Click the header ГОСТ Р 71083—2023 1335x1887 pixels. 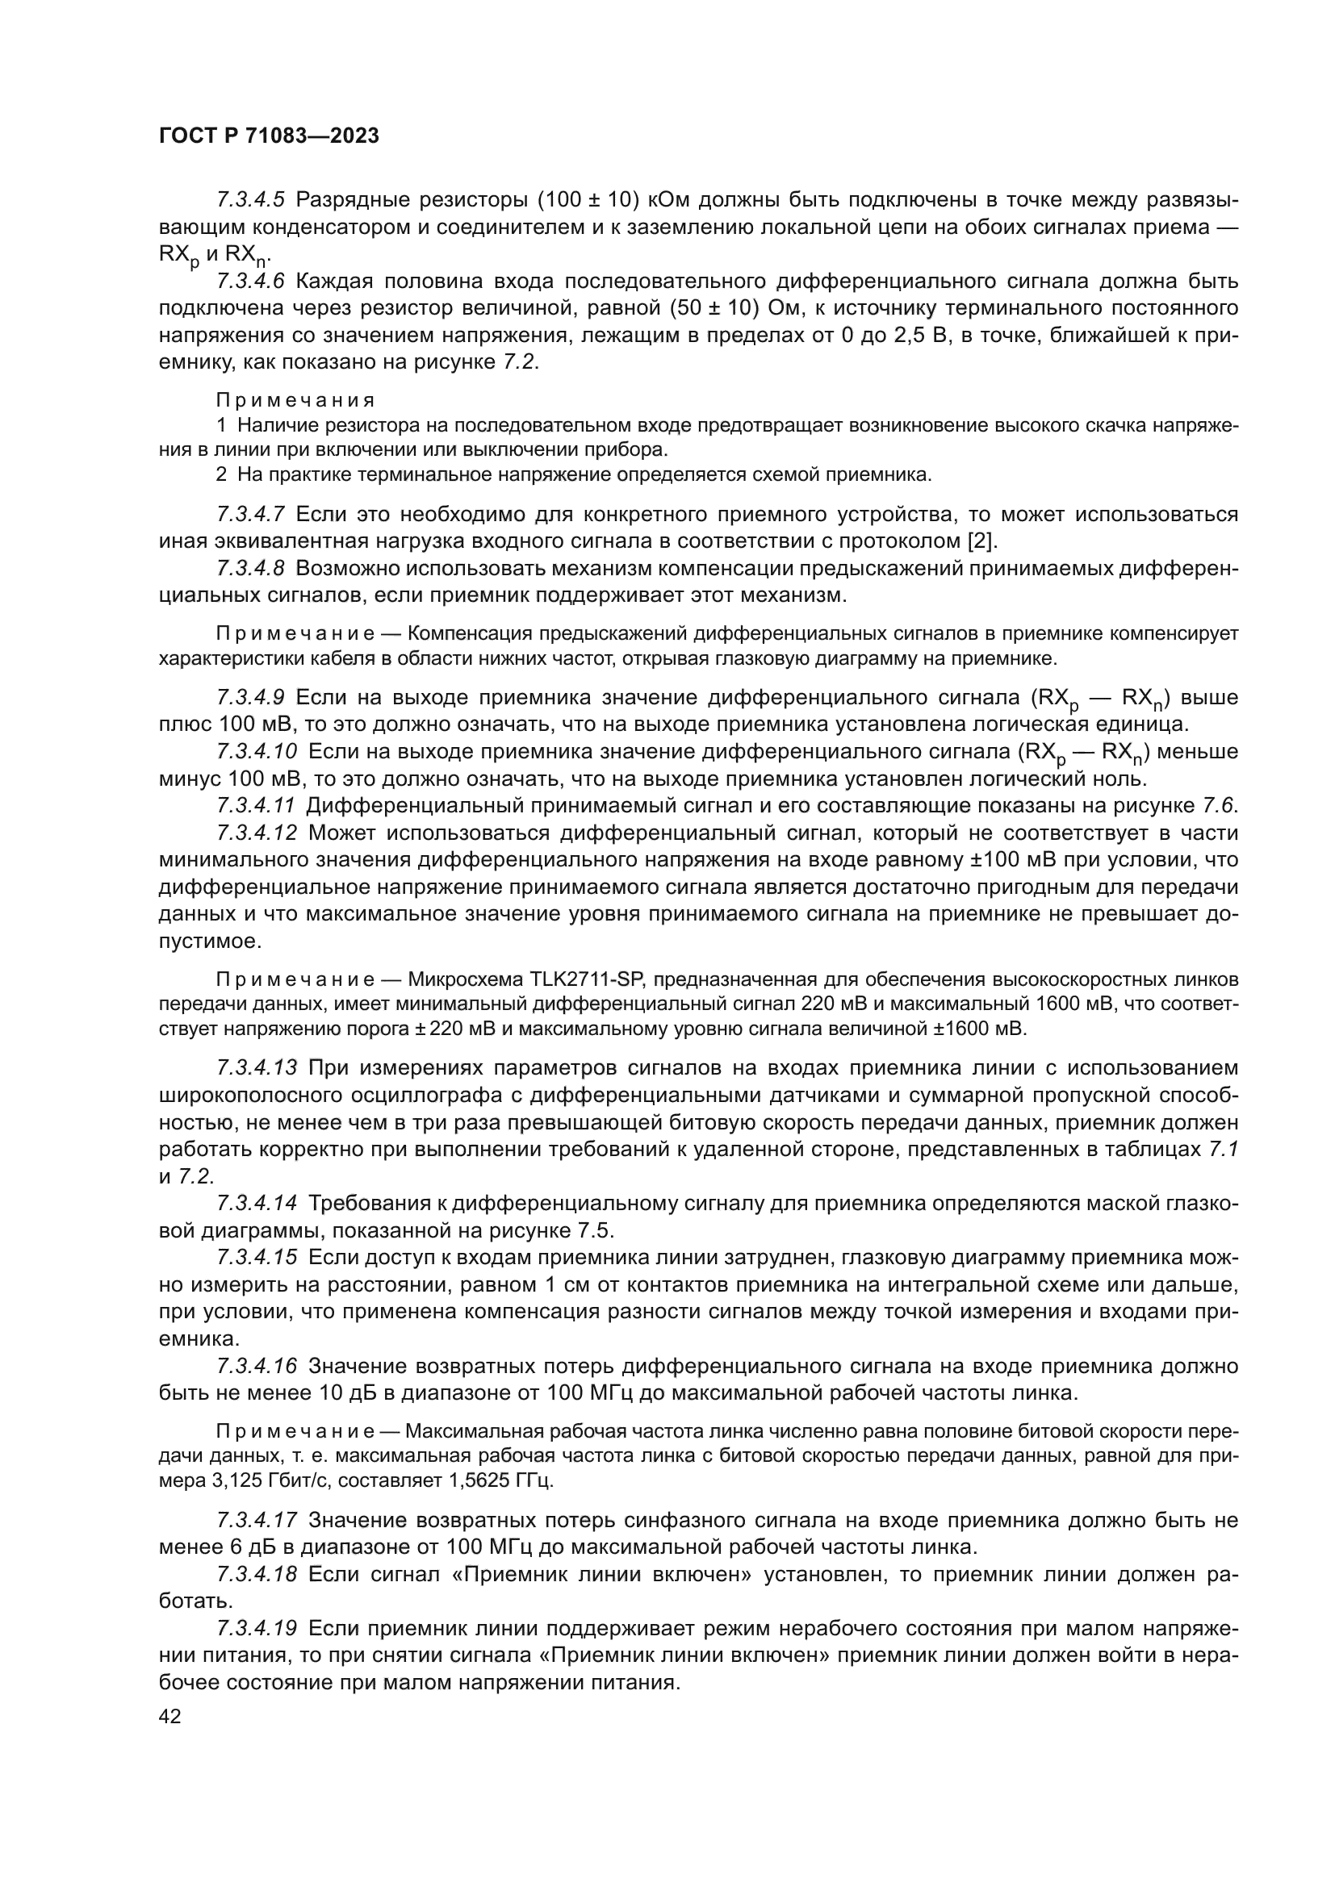(269, 136)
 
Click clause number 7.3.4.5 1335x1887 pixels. (250, 200)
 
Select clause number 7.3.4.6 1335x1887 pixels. (250, 281)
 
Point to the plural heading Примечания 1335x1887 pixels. (295, 400)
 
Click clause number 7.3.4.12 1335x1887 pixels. (257, 833)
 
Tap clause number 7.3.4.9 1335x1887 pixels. (250, 698)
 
